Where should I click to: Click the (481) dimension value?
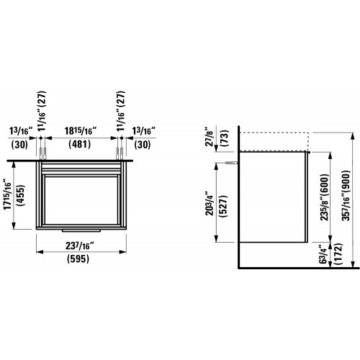tap(79, 145)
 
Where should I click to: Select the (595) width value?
tap(78, 258)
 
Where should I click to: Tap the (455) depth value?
tap(21, 195)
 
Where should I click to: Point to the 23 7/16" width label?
tap(80, 246)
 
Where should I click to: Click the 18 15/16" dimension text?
tap(81, 131)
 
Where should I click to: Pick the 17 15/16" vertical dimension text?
tap(7, 194)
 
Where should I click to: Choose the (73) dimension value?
tap(225, 139)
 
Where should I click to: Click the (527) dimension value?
tap(224, 207)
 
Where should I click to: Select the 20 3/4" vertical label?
tap(210, 203)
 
